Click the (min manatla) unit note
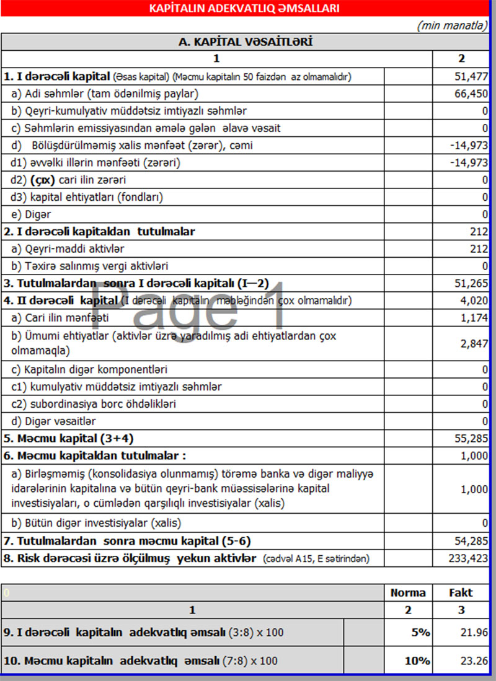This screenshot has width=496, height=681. point(452,25)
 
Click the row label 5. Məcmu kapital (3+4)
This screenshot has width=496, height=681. point(69,439)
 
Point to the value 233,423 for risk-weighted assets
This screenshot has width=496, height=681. point(469,558)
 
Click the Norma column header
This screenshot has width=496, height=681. point(407,592)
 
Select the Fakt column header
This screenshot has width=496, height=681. point(461,592)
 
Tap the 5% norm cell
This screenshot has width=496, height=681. point(417,632)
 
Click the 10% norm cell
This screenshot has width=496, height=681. point(417,660)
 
